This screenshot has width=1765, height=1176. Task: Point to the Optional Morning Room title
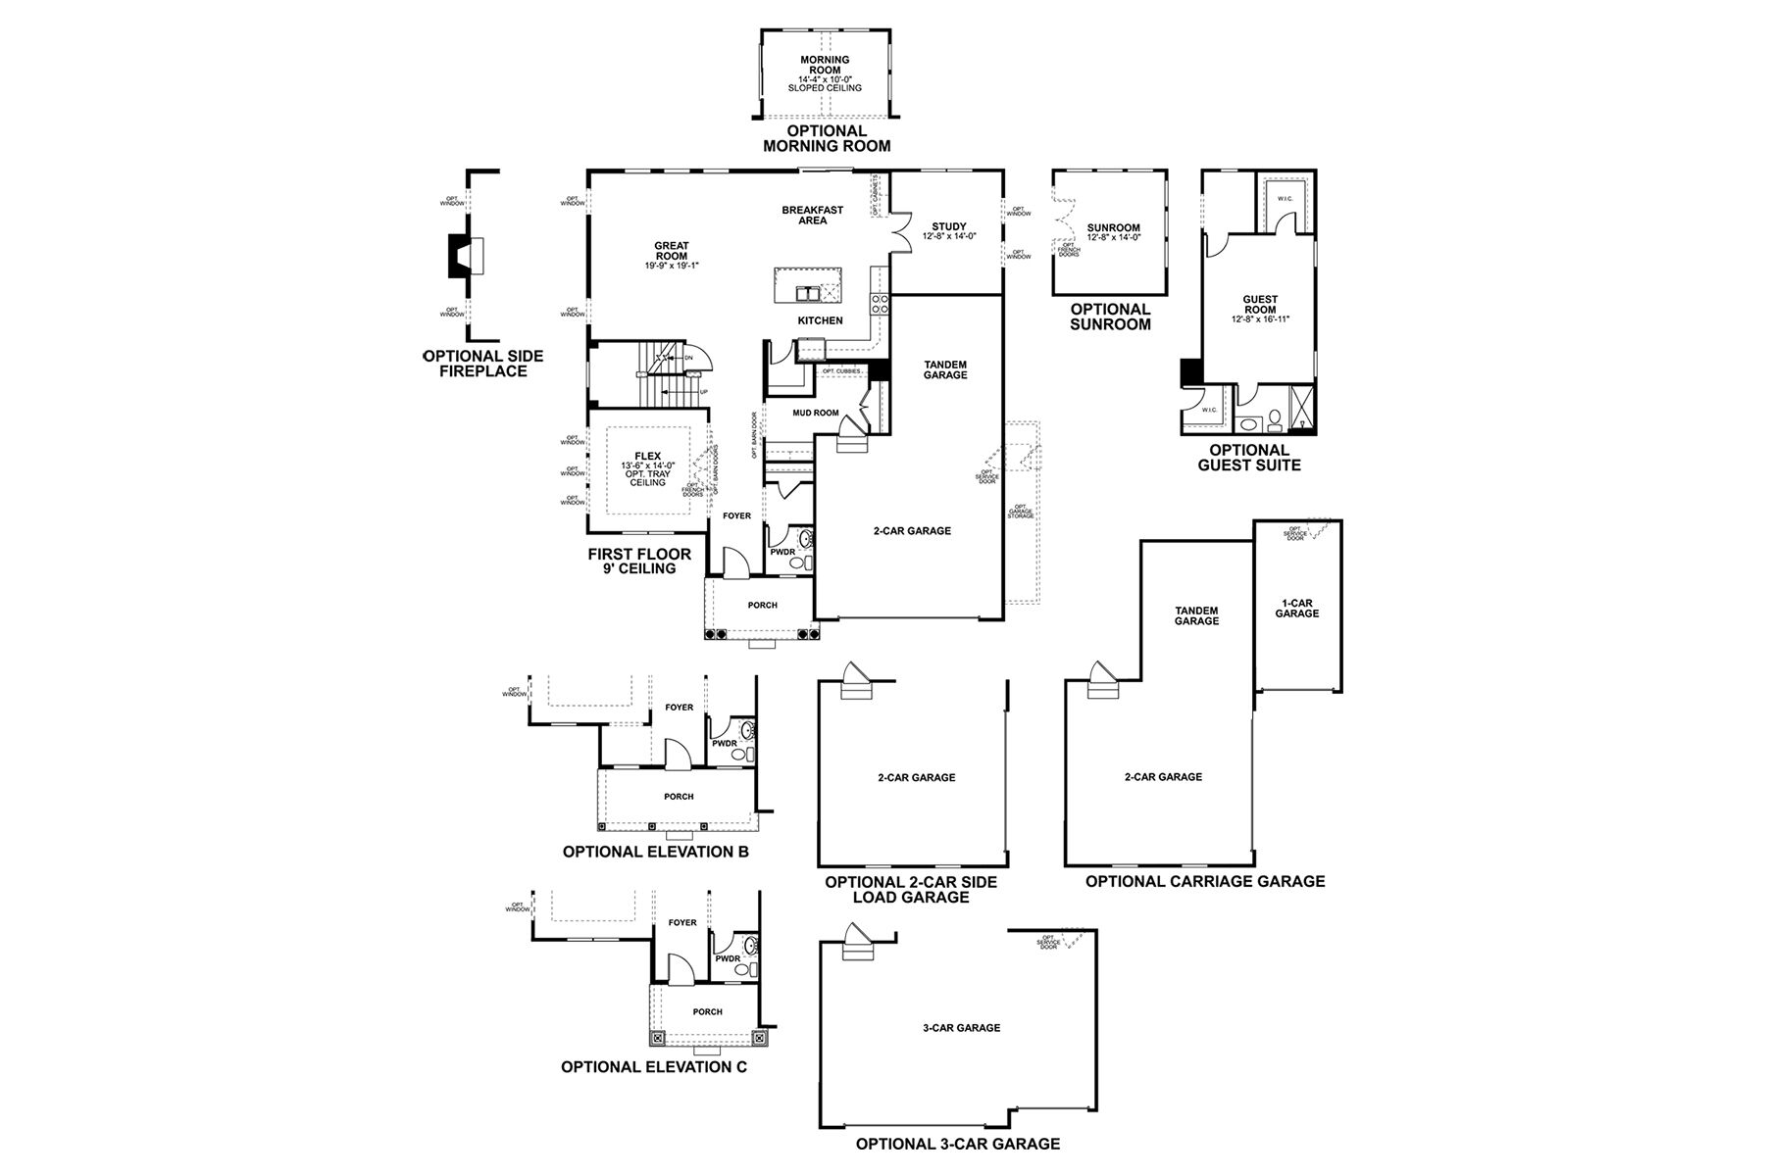click(827, 138)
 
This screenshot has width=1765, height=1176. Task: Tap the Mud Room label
click(815, 413)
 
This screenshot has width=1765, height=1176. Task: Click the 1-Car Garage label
click(1296, 608)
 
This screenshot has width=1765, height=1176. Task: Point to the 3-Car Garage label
click(961, 1028)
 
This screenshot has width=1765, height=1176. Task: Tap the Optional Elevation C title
click(653, 1066)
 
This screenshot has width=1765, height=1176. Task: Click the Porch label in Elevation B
click(679, 797)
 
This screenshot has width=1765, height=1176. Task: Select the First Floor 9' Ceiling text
click(639, 561)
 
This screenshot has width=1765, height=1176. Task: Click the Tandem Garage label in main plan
click(945, 369)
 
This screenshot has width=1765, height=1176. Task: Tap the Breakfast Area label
click(812, 215)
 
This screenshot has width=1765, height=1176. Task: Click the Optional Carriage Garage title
click(1204, 881)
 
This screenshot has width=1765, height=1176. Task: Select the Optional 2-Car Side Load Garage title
click(910, 889)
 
